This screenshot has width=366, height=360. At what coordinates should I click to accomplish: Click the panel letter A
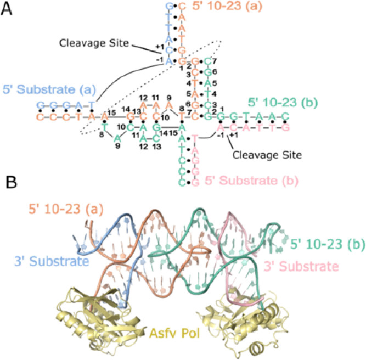8,10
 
